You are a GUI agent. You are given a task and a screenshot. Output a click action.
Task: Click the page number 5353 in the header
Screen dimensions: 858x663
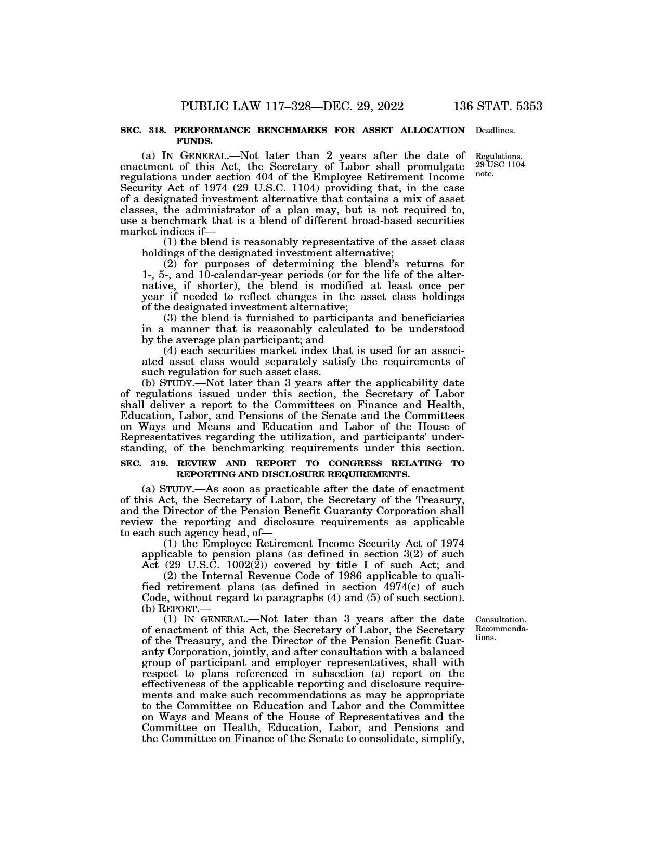(x=522, y=107)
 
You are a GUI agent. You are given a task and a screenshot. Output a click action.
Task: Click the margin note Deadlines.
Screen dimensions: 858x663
(x=495, y=131)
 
